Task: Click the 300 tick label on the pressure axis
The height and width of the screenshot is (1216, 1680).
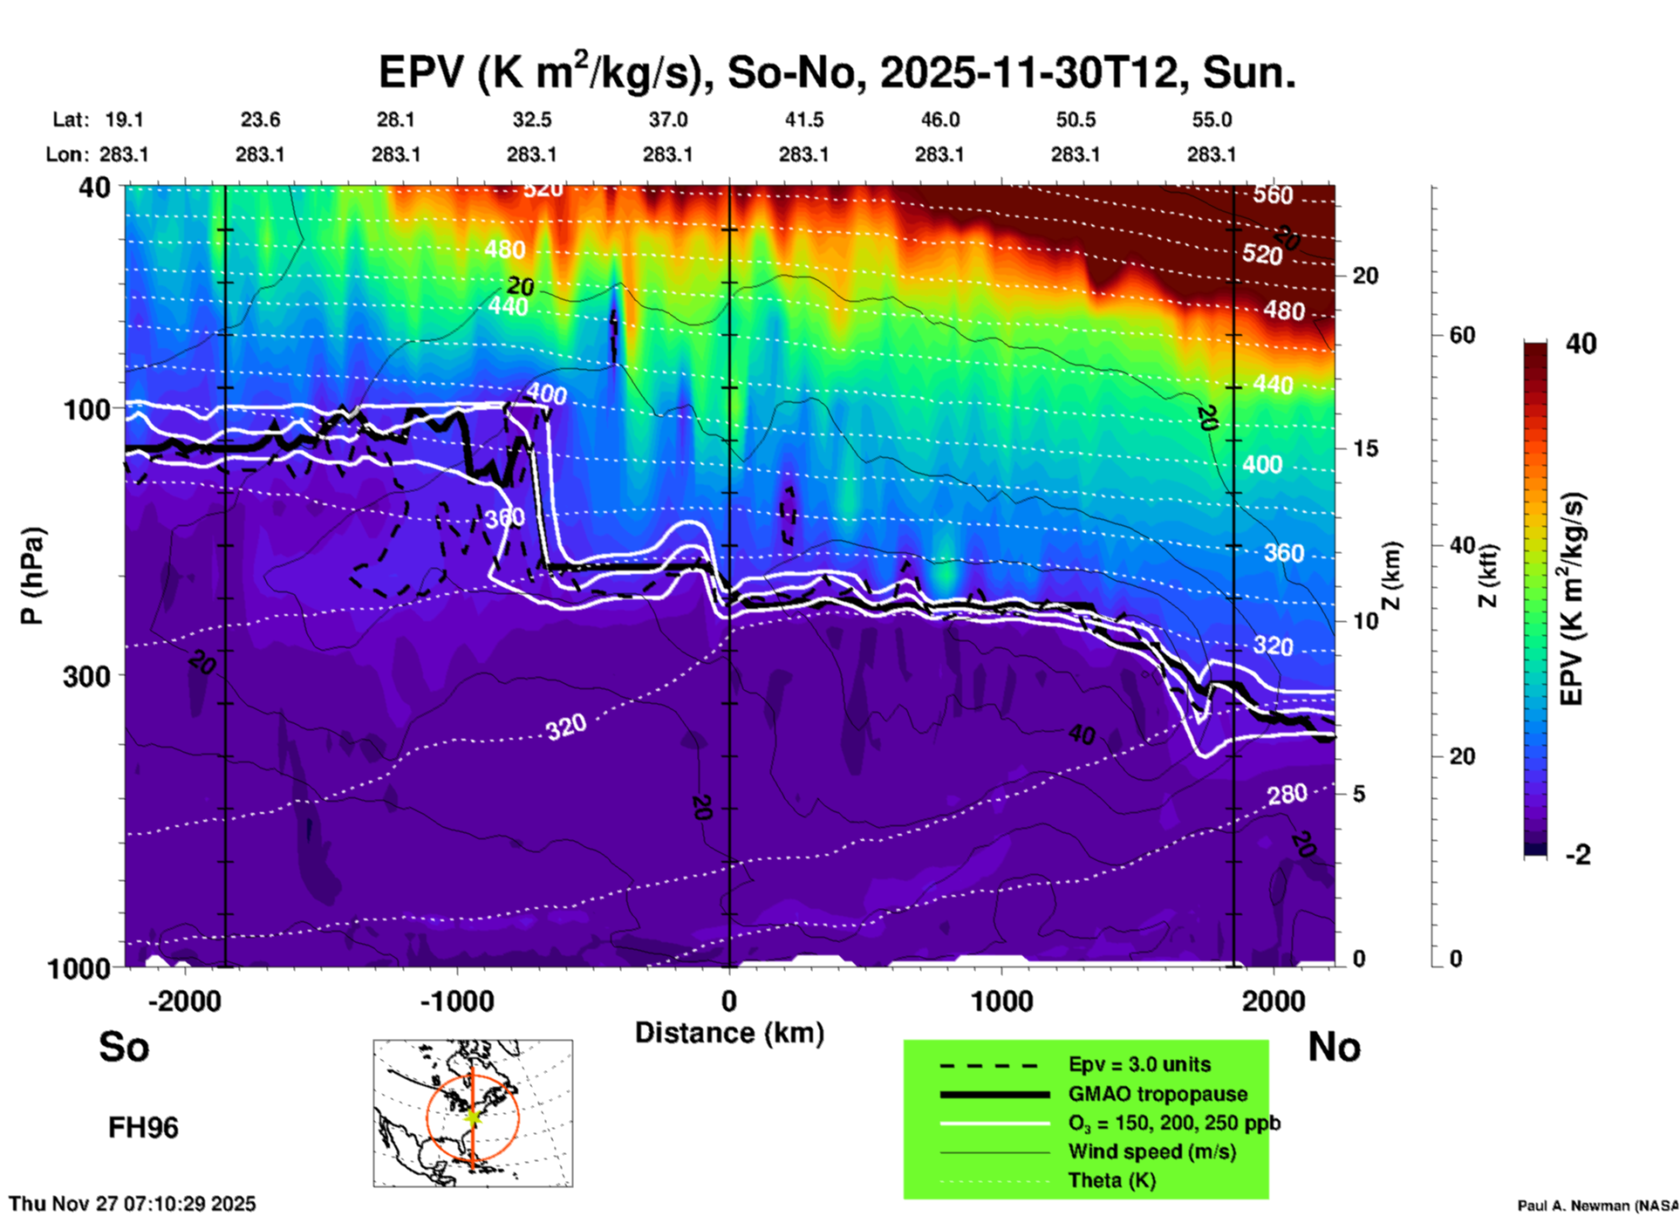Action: [86, 676]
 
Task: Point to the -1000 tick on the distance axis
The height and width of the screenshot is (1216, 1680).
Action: [456, 1001]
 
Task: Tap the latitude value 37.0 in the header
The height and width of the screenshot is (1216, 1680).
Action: [667, 120]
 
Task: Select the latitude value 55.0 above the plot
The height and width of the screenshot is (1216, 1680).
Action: [1211, 120]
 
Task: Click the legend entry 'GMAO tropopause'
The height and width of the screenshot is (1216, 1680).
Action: [1158, 1094]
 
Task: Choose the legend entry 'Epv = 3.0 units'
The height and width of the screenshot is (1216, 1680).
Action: [1139, 1064]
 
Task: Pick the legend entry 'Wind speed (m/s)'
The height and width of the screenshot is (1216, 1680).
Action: [1151, 1151]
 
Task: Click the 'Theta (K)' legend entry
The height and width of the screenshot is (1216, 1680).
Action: [1111, 1180]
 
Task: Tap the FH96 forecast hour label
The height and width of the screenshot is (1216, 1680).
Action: [143, 1128]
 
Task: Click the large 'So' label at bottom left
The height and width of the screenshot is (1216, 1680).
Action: [124, 1047]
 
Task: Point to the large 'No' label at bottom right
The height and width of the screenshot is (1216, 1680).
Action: [1334, 1047]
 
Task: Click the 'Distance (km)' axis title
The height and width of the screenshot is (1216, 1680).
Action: [729, 1033]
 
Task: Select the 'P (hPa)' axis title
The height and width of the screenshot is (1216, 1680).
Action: [32, 576]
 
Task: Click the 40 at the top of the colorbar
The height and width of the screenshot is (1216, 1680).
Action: [1581, 344]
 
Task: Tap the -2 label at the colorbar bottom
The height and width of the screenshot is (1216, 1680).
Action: [1578, 855]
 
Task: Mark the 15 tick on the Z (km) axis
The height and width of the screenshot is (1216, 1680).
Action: [1365, 448]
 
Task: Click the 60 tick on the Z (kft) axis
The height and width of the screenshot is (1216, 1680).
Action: [1462, 336]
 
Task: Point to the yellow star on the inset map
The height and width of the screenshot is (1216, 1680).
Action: [473, 1116]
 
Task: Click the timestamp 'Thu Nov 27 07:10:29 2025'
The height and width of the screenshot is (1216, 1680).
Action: [133, 1204]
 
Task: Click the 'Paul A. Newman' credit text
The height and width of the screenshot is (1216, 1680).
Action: [1596, 1206]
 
